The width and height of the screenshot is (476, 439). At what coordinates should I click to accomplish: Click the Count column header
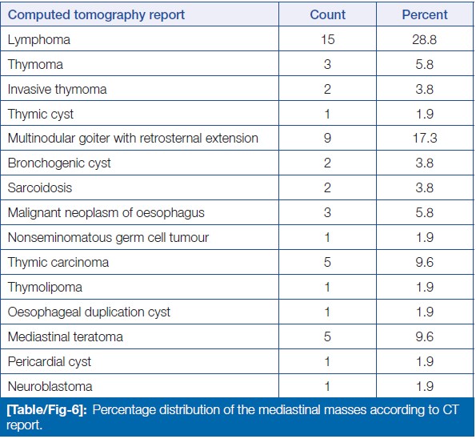point(327,14)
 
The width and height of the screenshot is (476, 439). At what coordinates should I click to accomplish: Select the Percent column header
point(425,14)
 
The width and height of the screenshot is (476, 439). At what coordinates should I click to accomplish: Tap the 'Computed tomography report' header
point(96,15)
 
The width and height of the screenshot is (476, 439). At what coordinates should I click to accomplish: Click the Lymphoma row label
point(39,40)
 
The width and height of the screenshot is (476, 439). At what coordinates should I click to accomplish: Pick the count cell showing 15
point(327,39)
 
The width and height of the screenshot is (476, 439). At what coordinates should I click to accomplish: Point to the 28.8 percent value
point(424,39)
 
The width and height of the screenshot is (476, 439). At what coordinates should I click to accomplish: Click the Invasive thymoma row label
point(57,90)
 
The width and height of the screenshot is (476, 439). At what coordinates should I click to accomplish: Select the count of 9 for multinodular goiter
point(327,138)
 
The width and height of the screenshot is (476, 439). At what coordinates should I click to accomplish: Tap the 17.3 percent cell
point(425,138)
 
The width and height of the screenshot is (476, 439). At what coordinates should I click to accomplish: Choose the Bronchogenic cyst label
point(59,163)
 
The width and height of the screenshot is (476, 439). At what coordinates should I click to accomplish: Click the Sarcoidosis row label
point(40,188)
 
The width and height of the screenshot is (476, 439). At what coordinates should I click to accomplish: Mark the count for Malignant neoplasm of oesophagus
point(327,212)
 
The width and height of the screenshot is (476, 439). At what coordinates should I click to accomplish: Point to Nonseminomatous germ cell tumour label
point(108,238)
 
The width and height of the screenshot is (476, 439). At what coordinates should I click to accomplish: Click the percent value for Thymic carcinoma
point(424,262)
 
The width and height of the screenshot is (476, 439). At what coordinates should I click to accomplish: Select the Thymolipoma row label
point(45,288)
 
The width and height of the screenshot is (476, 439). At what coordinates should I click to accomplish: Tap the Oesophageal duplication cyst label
point(89,312)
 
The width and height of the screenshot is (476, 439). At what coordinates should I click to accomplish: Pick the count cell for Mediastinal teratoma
point(327,336)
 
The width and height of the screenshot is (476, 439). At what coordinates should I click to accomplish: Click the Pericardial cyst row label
point(49,362)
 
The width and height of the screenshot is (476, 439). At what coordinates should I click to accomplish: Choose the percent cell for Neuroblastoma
point(424,386)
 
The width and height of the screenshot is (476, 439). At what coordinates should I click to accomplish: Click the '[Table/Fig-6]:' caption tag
point(47,410)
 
